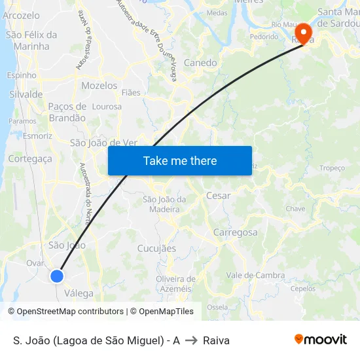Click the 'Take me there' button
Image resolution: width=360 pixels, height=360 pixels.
pos(180,161)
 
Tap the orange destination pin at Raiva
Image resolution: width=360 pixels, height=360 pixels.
pos(304,33)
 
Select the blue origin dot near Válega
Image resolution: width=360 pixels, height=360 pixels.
pos(57,276)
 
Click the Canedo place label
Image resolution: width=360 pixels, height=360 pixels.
pos(200,63)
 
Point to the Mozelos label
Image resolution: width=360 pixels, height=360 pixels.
pos(99,86)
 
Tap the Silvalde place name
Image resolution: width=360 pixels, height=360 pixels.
pos(26,94)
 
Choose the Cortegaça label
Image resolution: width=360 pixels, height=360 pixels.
pos(30,158)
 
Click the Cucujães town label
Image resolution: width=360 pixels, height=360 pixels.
pos(156,248)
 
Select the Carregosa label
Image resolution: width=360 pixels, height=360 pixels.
pos(236,232)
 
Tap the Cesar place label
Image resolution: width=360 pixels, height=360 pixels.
pos(218,195)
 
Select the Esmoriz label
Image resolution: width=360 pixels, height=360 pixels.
pos(37,136)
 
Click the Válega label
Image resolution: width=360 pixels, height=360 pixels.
pos(79,293)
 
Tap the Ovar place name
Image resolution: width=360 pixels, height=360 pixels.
pos(35,262)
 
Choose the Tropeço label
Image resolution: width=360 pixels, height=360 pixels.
pos(332,168)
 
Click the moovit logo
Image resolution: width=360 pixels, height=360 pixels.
pos(321,340)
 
